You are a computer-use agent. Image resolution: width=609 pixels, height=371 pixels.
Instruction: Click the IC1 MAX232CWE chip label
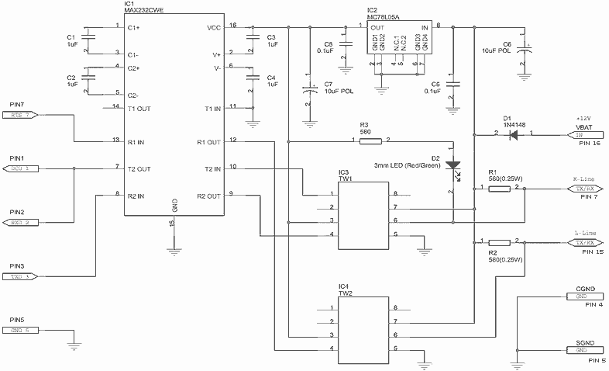click(x=150, y=10)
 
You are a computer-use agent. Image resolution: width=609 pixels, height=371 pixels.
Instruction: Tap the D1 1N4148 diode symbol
click(x=512, y=134)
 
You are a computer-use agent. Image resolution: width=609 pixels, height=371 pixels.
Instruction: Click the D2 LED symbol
click(x=455, y=165)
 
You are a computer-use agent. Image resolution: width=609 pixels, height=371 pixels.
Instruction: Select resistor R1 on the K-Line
click(x=500, y=188)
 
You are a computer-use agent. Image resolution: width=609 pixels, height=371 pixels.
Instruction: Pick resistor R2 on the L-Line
click(x=500, y=242)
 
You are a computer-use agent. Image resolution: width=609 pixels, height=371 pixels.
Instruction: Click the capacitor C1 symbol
click(x=91, y=39)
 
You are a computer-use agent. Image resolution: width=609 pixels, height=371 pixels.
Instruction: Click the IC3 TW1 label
click(x=345, y=175)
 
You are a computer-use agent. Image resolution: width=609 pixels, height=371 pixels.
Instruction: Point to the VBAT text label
click(x=585, y=125)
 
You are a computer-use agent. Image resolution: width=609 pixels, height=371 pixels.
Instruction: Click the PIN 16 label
click(x=591, y=144)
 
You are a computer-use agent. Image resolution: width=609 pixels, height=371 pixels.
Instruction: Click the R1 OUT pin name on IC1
click(x=209, y=142)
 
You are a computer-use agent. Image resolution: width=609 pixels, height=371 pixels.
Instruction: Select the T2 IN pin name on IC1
click(x=211, y=168)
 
